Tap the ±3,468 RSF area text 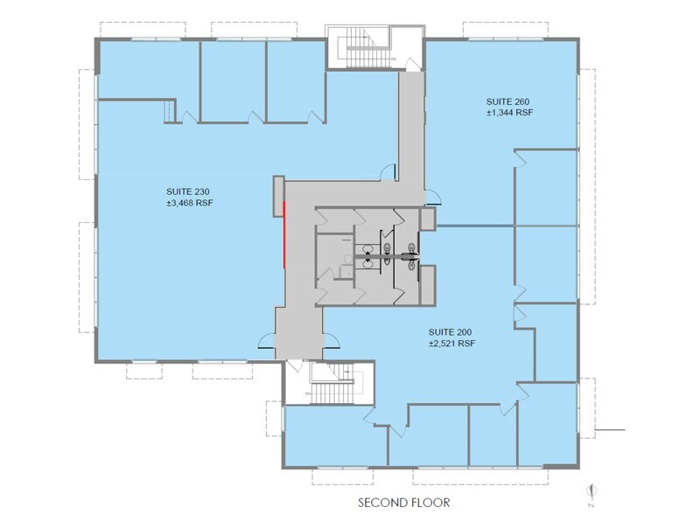(x=190, y=203)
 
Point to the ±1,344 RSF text (x=510, y=113)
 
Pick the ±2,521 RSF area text (x=451, y=344)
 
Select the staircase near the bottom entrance (x=333, y=382)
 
